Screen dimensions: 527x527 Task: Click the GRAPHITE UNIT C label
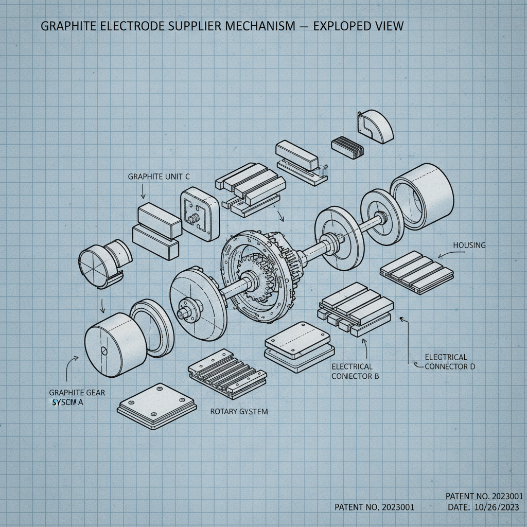coord(159,177)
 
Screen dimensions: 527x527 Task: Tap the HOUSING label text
coord(468,245)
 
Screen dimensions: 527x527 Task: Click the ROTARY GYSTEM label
coord(239,412)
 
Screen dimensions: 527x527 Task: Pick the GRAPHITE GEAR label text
coord(77,393)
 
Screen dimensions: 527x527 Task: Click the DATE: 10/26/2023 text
coord(483,508)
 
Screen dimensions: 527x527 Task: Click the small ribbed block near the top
coord(348,145)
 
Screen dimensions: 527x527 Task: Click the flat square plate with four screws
coord(157,407)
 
